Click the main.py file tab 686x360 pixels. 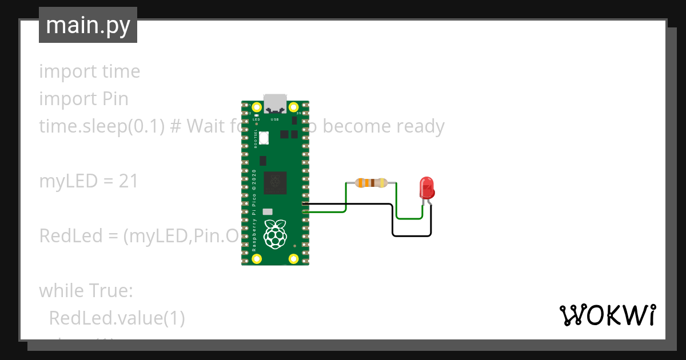coord(88,25)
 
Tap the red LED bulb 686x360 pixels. coord(426,187)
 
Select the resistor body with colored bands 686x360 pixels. coord(372,183)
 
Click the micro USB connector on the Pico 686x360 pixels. coord(275,103)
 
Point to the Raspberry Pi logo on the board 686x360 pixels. coord(275,233)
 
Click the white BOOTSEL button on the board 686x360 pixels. coord(264,138)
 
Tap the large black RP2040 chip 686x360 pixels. coord(275,183)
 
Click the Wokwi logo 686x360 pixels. coord(607,315)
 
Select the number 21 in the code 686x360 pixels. coord(129,181)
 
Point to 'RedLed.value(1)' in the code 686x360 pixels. coord(117,318)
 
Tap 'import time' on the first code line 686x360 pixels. coord(89,71)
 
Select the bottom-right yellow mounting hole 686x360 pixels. coord(294,258)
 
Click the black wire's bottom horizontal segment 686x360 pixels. coord(412,235)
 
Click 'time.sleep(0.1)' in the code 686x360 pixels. coord(103,126)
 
